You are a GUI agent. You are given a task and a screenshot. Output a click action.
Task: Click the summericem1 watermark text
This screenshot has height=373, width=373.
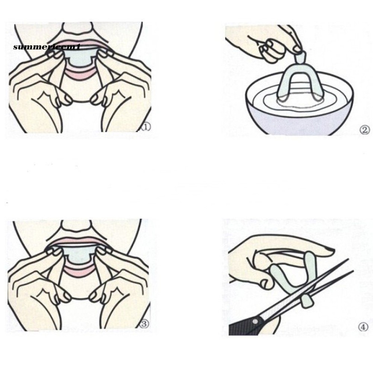point(47,47)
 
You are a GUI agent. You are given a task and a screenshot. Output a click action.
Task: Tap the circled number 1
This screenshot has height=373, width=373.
point(146,127)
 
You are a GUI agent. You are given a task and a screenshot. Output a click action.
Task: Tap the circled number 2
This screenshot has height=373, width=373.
point(364,130)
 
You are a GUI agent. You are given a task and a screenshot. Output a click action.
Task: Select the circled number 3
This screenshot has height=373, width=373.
point(145,324)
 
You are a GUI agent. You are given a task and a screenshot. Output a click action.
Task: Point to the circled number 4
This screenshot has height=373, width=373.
point(363,327)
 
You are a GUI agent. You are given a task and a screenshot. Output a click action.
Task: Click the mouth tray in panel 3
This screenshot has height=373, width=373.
point(79,256)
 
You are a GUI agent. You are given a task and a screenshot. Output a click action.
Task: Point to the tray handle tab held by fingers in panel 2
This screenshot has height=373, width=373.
point(300,58)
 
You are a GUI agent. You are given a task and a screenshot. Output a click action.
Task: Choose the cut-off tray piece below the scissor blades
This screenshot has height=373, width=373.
point(307,301)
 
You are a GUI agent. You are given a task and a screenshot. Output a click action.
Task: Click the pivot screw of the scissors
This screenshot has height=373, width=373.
point(255,322)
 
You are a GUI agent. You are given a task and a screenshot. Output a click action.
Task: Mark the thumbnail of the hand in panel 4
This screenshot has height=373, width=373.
point(329,250)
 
